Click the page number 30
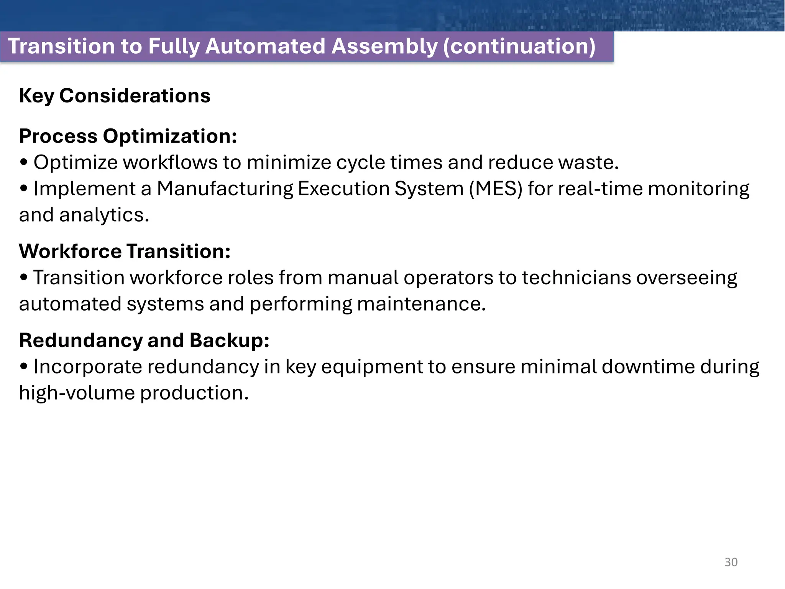point(731,562)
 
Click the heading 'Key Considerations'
point(115,95)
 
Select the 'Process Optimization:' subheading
point(128,136)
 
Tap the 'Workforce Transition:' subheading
point(125,251)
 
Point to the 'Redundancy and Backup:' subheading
point(144,340)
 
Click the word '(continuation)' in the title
point(519,46)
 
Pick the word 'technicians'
point(576,278)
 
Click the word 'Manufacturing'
point(225,189)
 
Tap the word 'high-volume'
point(77,393)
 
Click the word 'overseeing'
point(686,278)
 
